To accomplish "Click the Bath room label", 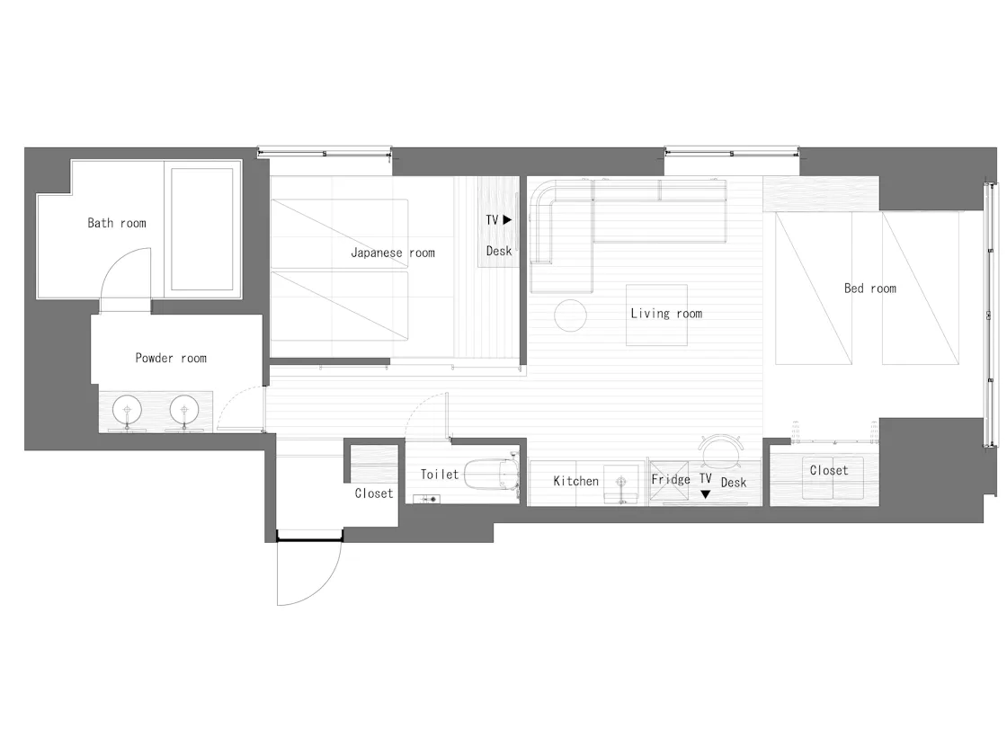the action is click(117, 223).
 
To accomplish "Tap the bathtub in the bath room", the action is click(202, 229).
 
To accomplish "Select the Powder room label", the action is click(171, 358).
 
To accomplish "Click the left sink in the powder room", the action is click(127, 410).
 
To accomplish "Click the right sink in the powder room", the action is click(184, 410).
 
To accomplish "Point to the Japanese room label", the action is click(392, 253).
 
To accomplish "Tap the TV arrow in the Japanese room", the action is click(507, 219).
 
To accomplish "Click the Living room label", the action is click(666, 314).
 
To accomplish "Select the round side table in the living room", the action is click(570, 315).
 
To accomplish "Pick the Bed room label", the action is click(870, 289).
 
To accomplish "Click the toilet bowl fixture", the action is click(490, 474).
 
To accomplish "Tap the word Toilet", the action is click(440, 475).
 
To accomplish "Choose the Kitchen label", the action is click(576, 481).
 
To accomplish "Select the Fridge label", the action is click(671, 479).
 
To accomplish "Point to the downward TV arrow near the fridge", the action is click(705, 494).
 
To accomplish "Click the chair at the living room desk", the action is click(721, 450).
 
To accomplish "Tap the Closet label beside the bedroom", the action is click(828, 471).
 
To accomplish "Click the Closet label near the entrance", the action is click(374, 493).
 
